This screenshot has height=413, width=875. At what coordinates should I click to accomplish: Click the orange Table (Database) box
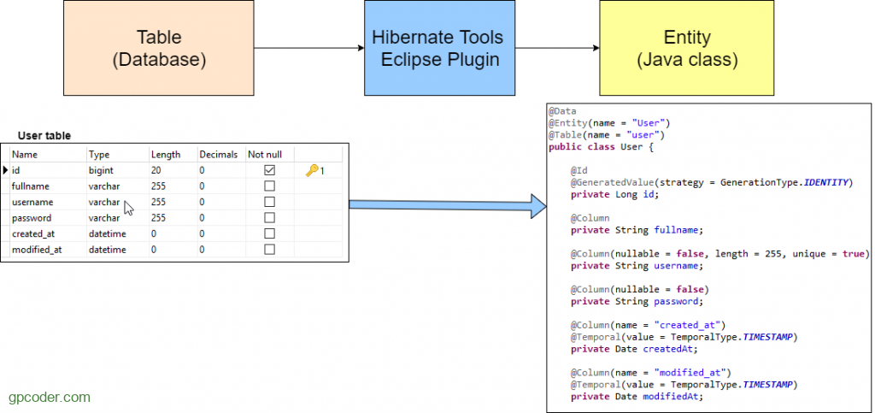pos(159,48)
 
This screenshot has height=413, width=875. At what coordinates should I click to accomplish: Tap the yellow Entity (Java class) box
pos(687,48)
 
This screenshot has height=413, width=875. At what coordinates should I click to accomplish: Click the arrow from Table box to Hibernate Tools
pos(309,48)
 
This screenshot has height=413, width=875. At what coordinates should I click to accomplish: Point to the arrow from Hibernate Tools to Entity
pos(557,48)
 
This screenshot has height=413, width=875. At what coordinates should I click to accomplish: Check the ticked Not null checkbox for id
pos(269,169)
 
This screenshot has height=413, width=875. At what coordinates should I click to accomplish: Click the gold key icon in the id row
pos(312,170)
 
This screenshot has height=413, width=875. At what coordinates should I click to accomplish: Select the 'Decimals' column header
pos(219,155)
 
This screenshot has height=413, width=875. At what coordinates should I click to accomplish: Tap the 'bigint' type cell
pos(101,170)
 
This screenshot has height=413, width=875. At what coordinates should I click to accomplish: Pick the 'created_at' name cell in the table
pos(33,233)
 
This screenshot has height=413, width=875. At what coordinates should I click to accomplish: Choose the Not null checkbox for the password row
pos(269,218)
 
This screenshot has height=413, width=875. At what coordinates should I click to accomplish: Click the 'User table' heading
pos(44,136)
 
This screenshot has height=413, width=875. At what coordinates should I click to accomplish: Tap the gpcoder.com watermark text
pos(49,398)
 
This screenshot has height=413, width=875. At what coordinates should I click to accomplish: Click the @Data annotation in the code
pos(562,111)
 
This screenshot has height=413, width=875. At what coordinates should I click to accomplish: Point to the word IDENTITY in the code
pos(826,182)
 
